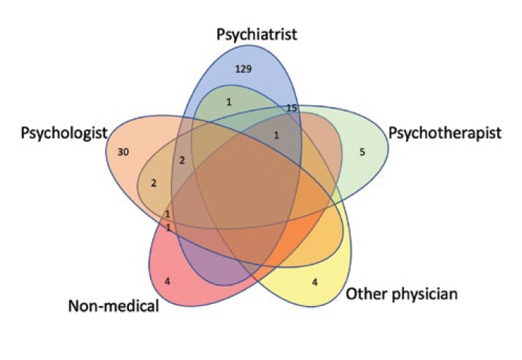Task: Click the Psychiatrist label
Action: tap(257, 34)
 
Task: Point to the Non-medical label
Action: tap(112, 305)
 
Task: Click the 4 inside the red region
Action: tap(168, 278)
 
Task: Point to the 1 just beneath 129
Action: tap(228, 102)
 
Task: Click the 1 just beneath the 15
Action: tap(276, 135)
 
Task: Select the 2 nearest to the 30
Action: tap(154, 184)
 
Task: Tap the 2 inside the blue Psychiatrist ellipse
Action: tap(183, 159)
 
